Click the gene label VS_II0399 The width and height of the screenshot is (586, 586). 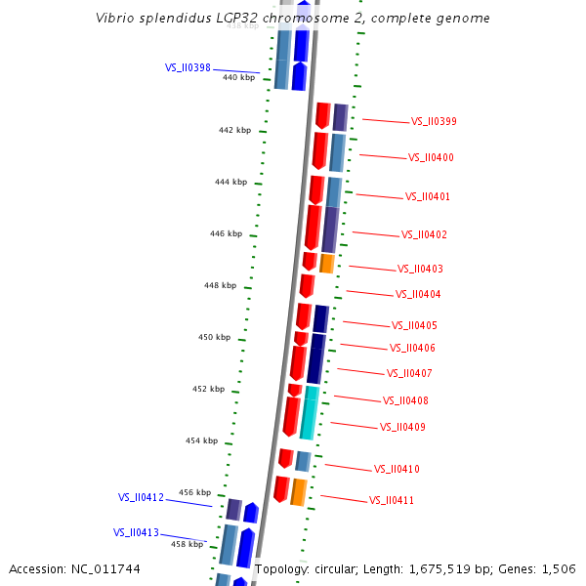434,122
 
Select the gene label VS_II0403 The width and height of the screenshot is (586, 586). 420,269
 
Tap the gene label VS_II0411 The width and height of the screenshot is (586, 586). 392,500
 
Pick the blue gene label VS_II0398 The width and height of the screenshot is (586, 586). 188,68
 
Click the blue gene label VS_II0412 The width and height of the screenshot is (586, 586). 141,497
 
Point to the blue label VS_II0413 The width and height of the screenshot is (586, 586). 136,532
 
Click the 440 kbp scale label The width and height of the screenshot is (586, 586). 238,76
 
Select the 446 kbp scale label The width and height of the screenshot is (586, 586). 226,233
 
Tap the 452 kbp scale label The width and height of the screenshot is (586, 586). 208,389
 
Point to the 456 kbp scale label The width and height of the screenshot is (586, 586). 194,492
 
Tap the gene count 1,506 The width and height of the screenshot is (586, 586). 558,568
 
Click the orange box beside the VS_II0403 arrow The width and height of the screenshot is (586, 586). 327,264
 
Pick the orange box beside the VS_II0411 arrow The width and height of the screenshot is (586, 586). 299,491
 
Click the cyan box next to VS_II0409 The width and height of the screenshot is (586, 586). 309,418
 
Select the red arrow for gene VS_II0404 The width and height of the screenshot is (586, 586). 307,286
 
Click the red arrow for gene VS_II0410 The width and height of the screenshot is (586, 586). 285,458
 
